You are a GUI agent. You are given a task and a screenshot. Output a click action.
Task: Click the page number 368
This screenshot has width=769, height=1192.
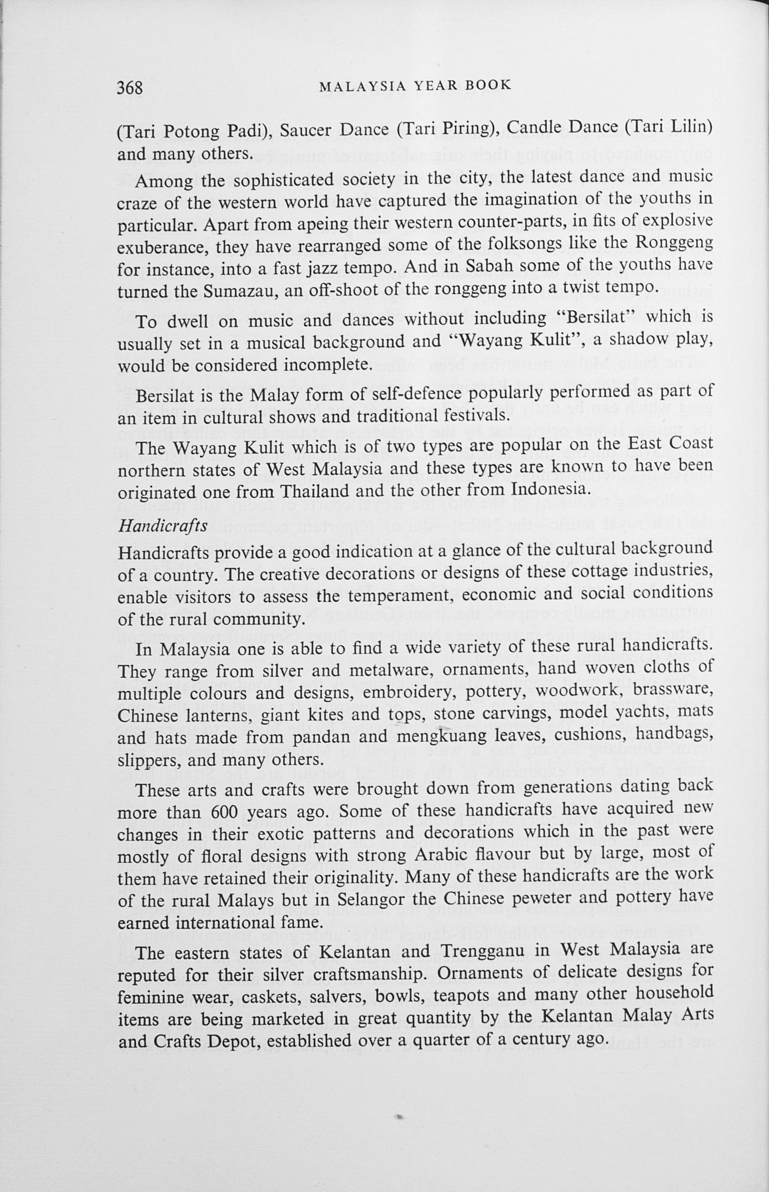point(130,88)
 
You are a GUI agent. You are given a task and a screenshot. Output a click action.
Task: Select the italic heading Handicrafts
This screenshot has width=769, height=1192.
point(162,526)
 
